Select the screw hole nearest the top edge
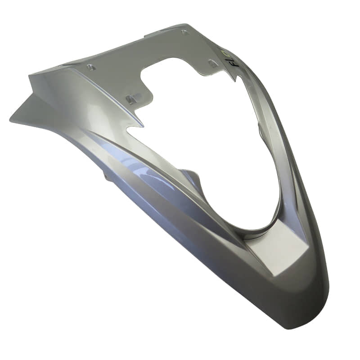[x=184, y=32]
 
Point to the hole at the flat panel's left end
[x=90, y=67]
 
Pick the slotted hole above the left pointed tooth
[x=131, y=99]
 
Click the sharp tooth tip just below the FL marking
[x=234, y=81]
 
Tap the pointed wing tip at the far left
[x=11, y=120]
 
